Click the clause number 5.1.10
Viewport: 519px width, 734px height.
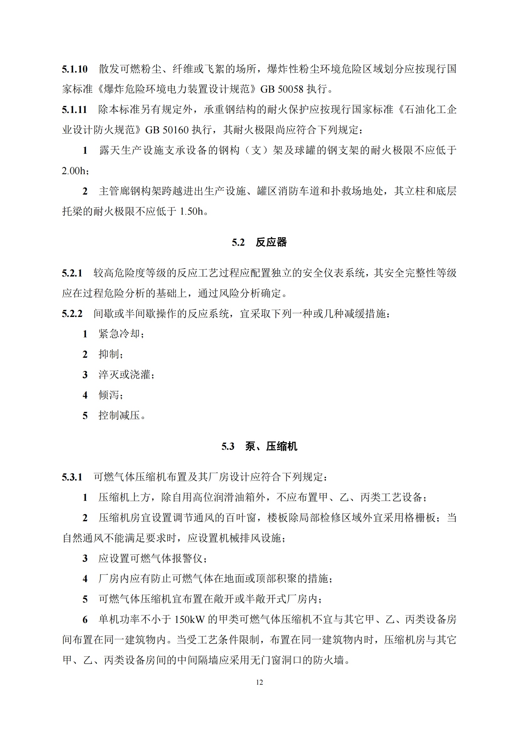coord(74,69)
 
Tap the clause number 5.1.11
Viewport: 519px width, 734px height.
coord(74,110)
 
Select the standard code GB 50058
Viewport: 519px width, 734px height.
coord(281,89)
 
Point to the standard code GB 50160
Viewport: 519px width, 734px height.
coord(167,130)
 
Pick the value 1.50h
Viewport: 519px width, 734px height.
coord(191,212)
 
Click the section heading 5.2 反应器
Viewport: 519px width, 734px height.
coord(259,242)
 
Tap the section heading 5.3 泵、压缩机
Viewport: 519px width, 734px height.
coord(259,446)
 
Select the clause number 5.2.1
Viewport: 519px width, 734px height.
coord(72,273)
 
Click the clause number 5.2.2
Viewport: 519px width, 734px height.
coord(72,313)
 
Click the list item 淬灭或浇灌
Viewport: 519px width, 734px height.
coord(124,375)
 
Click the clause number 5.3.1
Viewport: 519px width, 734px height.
coord(72,477)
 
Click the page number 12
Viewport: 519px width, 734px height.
coord(259,682)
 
